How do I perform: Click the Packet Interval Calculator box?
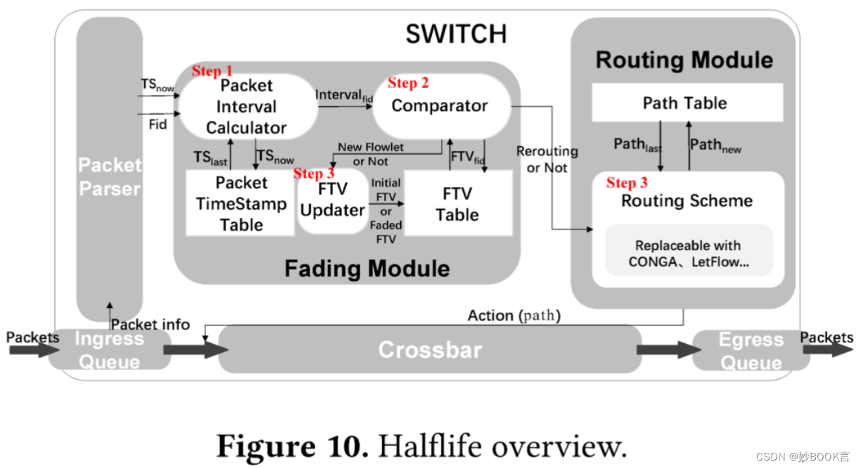(x=246, y=107)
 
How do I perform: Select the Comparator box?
(x=440, y=106)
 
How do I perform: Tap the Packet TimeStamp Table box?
(x=241, y=204)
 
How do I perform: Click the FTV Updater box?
(x=332, y=201)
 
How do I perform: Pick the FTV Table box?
(x=457, y=204)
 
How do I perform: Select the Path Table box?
(x=686, y=103)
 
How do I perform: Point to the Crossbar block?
(x=429, y=349)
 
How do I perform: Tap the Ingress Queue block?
(x=109, y=349)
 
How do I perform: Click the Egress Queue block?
(x=750, y=350)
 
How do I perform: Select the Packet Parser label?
(x=110, y=176)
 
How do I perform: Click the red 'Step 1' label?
(x=212, y=71)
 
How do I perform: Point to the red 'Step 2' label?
(x=408, y=83)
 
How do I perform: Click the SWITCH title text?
(x=455, y=34)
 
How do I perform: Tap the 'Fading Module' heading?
(x=366, y=268)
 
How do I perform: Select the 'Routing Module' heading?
(x=684, y=60)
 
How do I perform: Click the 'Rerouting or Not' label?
(x=547, y=160)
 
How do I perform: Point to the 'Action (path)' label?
(x=514, y=316)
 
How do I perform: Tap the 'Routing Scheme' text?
(x=687, y=201)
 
